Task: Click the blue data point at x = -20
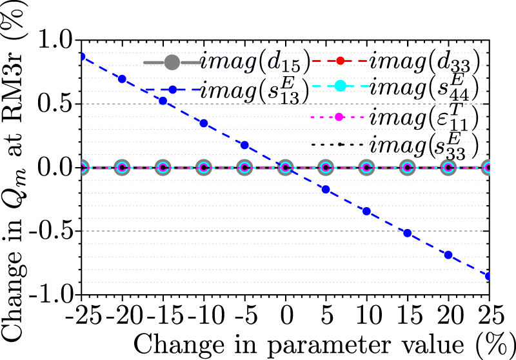click(123, 79)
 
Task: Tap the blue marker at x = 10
click(366, 211)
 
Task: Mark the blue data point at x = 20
click(448, 254)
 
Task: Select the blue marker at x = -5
click(244, 145)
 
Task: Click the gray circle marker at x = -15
click(163, 168)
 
